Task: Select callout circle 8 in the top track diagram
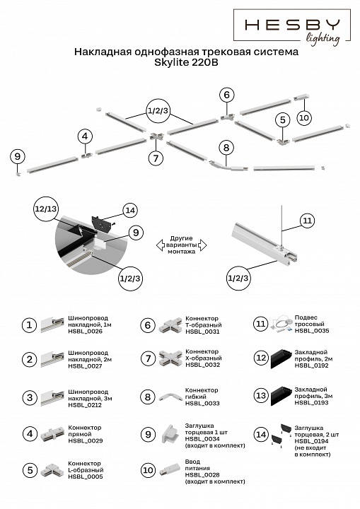(226, 148)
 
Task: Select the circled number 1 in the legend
(29, 324)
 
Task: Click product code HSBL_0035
(310, 330)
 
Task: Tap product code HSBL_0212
(85, 404)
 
